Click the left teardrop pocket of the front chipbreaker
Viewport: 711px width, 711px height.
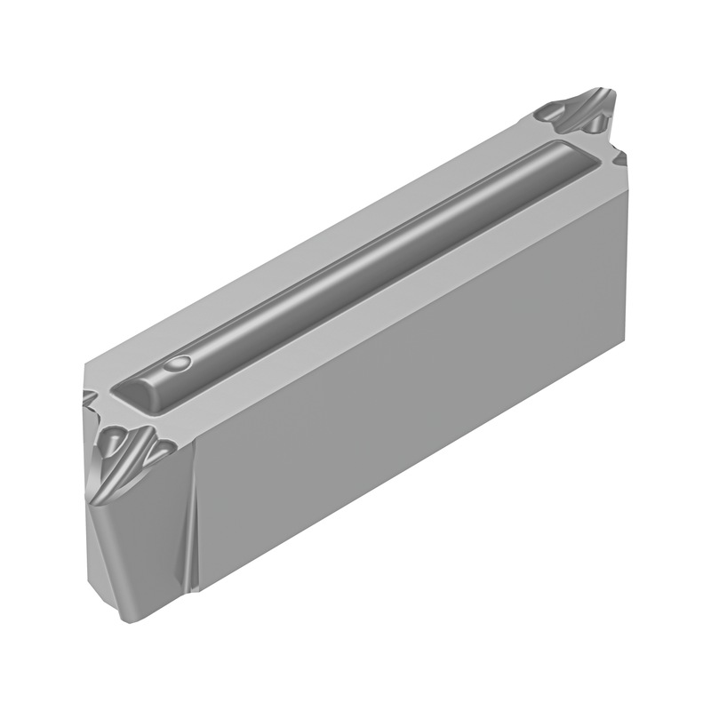point(115,439)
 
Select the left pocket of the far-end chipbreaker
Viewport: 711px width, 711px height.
point(550,115)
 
